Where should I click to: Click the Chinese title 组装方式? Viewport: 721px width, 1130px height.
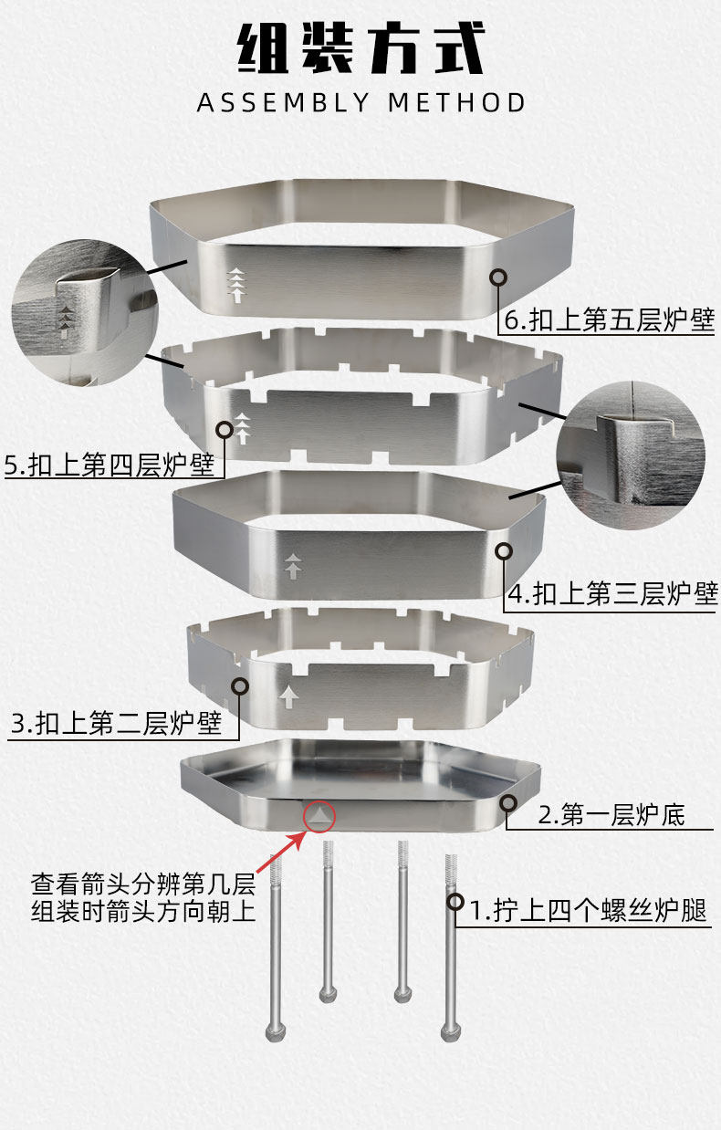pos(360,49)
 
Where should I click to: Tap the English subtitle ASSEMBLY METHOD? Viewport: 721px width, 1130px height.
pos(361,102)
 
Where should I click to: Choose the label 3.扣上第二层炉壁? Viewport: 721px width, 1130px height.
pos(117,724)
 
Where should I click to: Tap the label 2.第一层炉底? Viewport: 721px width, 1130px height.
pos(611,814)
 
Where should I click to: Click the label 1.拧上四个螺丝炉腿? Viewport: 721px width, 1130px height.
pos(589,911)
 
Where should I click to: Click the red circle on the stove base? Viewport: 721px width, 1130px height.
pos(319,816)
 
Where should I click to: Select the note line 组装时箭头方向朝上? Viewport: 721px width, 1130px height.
pos(143,911)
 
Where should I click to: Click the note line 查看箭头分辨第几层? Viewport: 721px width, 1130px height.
pos(143,884)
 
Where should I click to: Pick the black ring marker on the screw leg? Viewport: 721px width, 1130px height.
pos(455,902)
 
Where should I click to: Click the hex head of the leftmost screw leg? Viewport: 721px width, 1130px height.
pos(274,1032)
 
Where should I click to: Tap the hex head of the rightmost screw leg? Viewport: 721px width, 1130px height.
pos(448,1032)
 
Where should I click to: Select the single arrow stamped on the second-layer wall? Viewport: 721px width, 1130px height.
pos(289,697)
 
